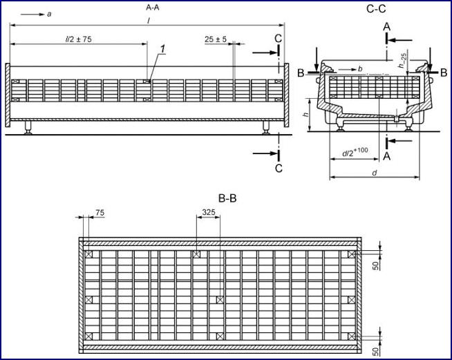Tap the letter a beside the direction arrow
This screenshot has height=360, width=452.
click(49, 14)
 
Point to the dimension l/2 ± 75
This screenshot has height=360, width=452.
click(77, 39)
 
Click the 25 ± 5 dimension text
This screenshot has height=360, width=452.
click(217, 39)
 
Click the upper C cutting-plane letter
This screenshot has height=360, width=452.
click(278, 39)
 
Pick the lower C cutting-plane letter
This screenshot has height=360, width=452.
click(278, 167)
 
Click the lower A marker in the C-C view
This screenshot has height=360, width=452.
click(386, 157)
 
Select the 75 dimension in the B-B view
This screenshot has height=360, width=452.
click(100, 214)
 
